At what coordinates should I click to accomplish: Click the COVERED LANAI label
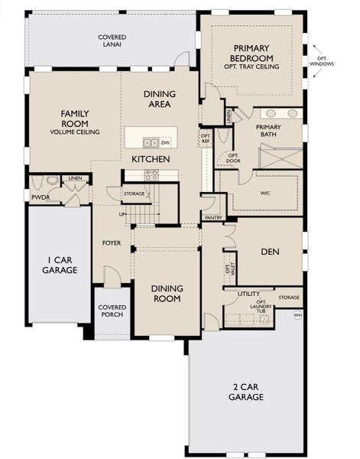112,41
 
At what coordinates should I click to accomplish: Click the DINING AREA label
159,99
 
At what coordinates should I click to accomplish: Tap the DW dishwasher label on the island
165,142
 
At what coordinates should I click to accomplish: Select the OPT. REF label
205,139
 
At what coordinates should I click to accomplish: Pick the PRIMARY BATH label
269,132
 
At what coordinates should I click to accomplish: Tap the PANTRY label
213,218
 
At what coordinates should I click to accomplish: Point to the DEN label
269,250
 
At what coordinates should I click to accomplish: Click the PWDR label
40,197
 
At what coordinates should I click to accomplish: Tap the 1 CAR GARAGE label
60,264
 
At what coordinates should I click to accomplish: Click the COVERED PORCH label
112,311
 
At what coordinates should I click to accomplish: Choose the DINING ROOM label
166,293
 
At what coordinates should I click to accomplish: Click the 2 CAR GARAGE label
246,392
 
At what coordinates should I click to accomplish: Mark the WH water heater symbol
297,314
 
